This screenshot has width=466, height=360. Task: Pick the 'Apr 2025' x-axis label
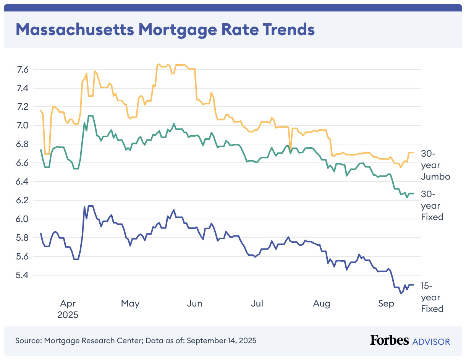(x=68, y=310)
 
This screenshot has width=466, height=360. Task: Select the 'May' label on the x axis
(x=130, y=304)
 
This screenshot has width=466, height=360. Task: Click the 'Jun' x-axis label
(x=195, y=304)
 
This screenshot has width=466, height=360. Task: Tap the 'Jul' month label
(x=257, y=304)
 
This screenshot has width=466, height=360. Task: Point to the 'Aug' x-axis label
(x=321, y=304)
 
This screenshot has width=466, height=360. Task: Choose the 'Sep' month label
(x=386, y=304)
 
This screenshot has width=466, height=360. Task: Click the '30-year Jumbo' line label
(x=435, y=165)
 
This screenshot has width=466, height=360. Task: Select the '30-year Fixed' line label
(x=432, y=206)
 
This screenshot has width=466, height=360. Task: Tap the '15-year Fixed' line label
(x=432, y=297)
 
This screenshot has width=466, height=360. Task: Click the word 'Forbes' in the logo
(x=389, y=341)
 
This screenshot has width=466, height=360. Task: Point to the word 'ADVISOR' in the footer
(x=431, y=341)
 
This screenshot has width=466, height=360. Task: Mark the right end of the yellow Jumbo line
(x=414, y=152)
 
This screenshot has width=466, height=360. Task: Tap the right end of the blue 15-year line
(x=414, y=285)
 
